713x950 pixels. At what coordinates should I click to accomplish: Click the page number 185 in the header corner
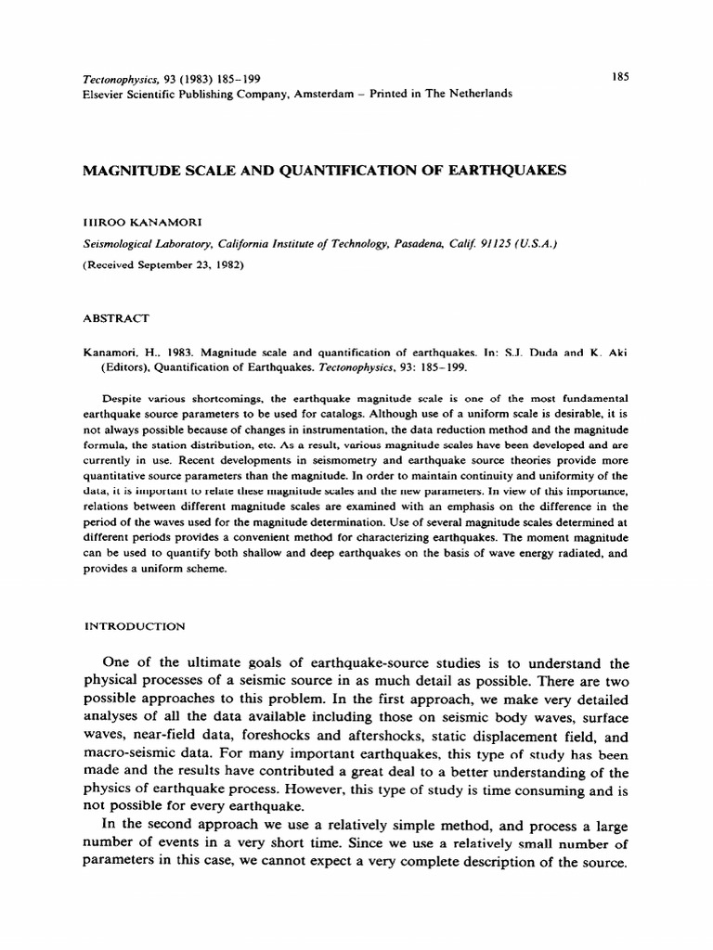coord(621,77)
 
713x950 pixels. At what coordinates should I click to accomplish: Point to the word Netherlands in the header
coord(475,94)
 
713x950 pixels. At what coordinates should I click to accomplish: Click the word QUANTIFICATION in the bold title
coord(318,171)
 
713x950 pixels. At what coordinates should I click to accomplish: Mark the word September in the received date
coord(164,263)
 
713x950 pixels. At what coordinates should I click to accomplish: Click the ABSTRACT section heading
coord(116,318)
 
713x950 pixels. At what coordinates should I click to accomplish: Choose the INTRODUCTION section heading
coord(136,626)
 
